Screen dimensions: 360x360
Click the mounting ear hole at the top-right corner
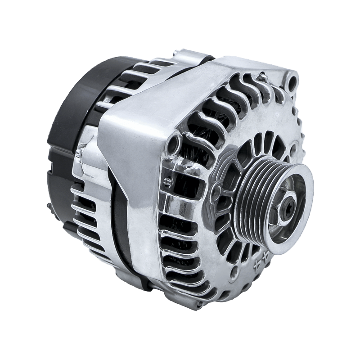293,82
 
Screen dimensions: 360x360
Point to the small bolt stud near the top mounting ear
261,77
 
